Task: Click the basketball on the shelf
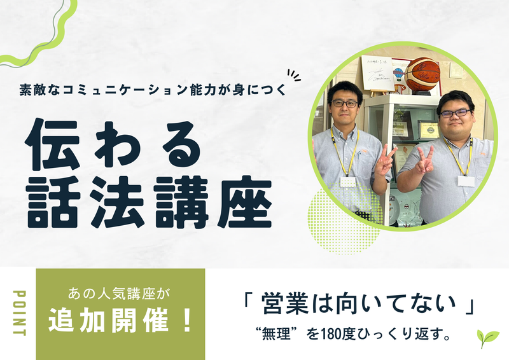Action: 423,74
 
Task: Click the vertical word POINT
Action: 18,314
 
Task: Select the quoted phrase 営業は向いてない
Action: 360,305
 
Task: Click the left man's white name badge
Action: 347,181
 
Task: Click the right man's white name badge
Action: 466,181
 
